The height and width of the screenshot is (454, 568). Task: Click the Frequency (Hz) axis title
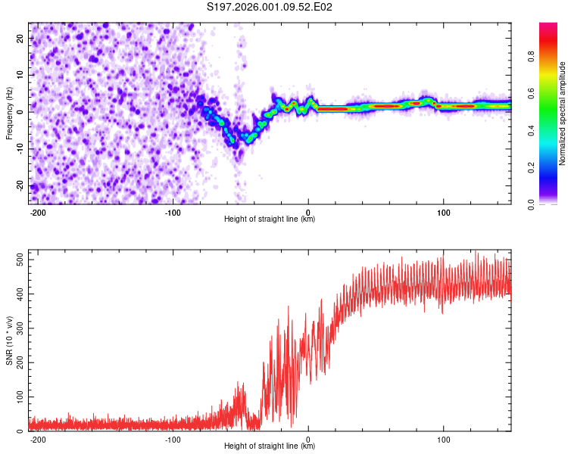point(9,113)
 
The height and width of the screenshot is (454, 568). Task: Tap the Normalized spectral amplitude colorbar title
point(563,113)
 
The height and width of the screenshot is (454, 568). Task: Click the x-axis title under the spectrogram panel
point(270,219)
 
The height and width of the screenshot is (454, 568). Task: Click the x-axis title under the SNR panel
point(270,446)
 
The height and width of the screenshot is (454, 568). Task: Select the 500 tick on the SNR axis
point(18,260)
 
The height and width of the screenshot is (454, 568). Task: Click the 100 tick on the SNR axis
point(18,396)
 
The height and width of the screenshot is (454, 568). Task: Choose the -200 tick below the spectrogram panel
point(38,211)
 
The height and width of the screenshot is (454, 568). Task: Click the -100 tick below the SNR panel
point(173,438)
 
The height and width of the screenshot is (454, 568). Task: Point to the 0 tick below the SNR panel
point(308,438)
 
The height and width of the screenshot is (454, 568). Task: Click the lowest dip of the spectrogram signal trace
point(235,144)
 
